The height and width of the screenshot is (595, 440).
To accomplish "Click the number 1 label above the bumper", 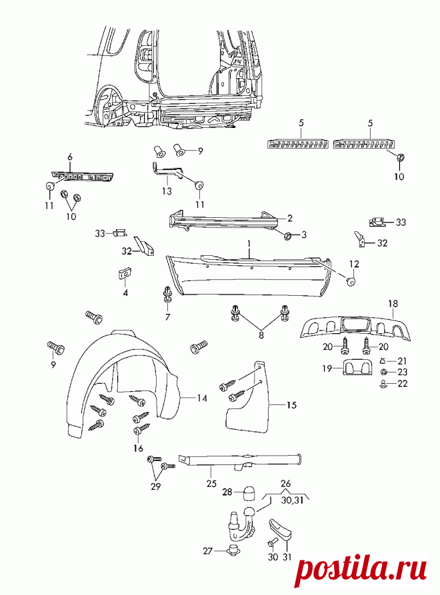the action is coord(249,244).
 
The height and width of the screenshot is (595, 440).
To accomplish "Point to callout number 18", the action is coord(393,304).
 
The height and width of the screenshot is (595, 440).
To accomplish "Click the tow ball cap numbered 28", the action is coord(249,492).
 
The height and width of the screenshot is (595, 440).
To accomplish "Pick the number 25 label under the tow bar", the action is coord(211,483).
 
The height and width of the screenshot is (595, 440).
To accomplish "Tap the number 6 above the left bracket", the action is coord(70,157).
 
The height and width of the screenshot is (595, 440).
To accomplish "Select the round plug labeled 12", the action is coord(351,281).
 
